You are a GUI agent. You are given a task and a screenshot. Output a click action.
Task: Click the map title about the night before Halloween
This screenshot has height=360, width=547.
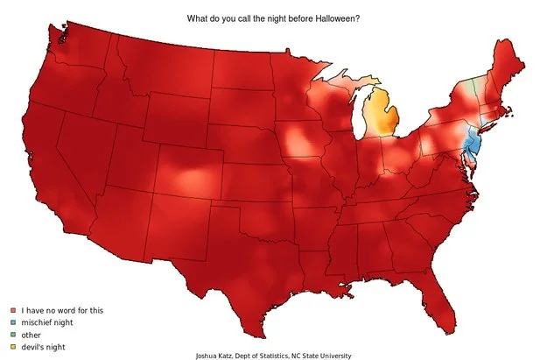point(275,18)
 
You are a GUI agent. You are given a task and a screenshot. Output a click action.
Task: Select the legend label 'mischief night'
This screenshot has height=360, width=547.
point(47,322)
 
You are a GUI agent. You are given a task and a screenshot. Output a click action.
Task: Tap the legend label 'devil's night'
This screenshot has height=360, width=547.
point(45,347)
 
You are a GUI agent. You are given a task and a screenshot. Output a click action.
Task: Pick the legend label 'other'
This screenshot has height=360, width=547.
point(32,335)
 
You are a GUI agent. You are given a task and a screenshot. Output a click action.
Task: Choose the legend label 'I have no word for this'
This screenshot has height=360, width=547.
point(62,310)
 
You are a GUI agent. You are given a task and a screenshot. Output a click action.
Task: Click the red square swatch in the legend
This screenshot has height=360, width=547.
point(12,310)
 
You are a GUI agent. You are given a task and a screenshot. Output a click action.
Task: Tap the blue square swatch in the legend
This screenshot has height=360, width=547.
point(12,322)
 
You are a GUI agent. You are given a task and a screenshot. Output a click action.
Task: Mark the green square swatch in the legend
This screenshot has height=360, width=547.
point(12,335)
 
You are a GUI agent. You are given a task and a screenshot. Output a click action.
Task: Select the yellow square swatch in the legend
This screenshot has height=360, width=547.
point(12,347)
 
